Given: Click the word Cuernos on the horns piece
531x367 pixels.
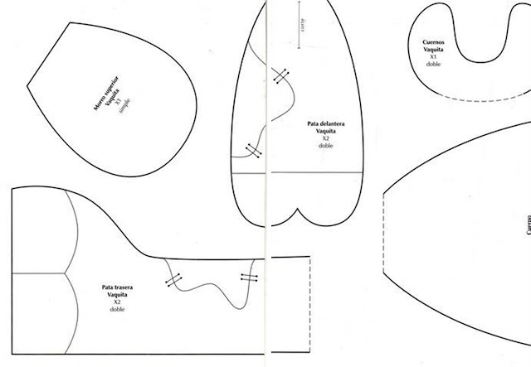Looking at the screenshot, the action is (x=431, y=41).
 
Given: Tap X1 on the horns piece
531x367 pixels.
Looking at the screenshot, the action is (x=431, y=56).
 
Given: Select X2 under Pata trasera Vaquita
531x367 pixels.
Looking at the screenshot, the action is (x=117, y=302).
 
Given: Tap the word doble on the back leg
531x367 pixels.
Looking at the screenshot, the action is (x=117, y=310).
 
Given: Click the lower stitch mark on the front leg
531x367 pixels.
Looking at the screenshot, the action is (x=252, y=150).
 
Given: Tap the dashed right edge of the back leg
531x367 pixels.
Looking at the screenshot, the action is (x=310, y=282).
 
